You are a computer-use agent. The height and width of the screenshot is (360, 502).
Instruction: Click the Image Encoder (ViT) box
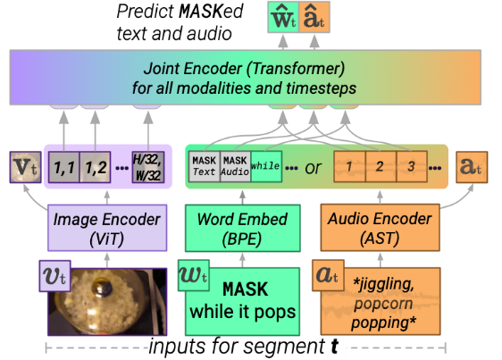[107, 228]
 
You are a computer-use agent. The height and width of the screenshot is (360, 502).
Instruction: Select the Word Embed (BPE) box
[243, 228]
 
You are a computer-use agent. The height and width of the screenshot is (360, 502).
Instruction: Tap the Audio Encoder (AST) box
[380, 228]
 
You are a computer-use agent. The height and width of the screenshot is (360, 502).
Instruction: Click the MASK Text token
[205, 166]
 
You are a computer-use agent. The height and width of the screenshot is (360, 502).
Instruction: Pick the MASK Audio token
[235, 166]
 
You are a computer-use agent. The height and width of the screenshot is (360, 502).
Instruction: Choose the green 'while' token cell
[266, 166]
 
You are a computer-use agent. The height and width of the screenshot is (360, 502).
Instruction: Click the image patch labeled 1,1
[64, 167]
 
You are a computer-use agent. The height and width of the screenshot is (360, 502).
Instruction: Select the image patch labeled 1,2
[95, 167]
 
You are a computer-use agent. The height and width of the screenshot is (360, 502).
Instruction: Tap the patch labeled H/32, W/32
[148, 167]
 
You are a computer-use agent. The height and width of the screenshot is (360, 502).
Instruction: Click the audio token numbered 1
[349, 166]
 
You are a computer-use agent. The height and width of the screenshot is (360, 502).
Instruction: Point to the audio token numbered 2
[381, 166]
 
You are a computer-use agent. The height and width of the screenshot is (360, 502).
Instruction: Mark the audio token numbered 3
[412, 166]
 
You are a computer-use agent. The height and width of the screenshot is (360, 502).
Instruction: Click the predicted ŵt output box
[283, 17]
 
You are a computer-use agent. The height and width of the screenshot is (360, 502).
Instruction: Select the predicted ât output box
[314, 17]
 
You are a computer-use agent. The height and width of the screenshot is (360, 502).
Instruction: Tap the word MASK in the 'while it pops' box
[246, 289]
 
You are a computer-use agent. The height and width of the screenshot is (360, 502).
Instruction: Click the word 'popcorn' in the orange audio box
[383, 304]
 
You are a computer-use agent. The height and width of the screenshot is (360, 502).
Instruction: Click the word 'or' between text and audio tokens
[313, 168]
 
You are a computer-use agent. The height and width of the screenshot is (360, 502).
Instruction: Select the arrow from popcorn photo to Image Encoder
[107, 260]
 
